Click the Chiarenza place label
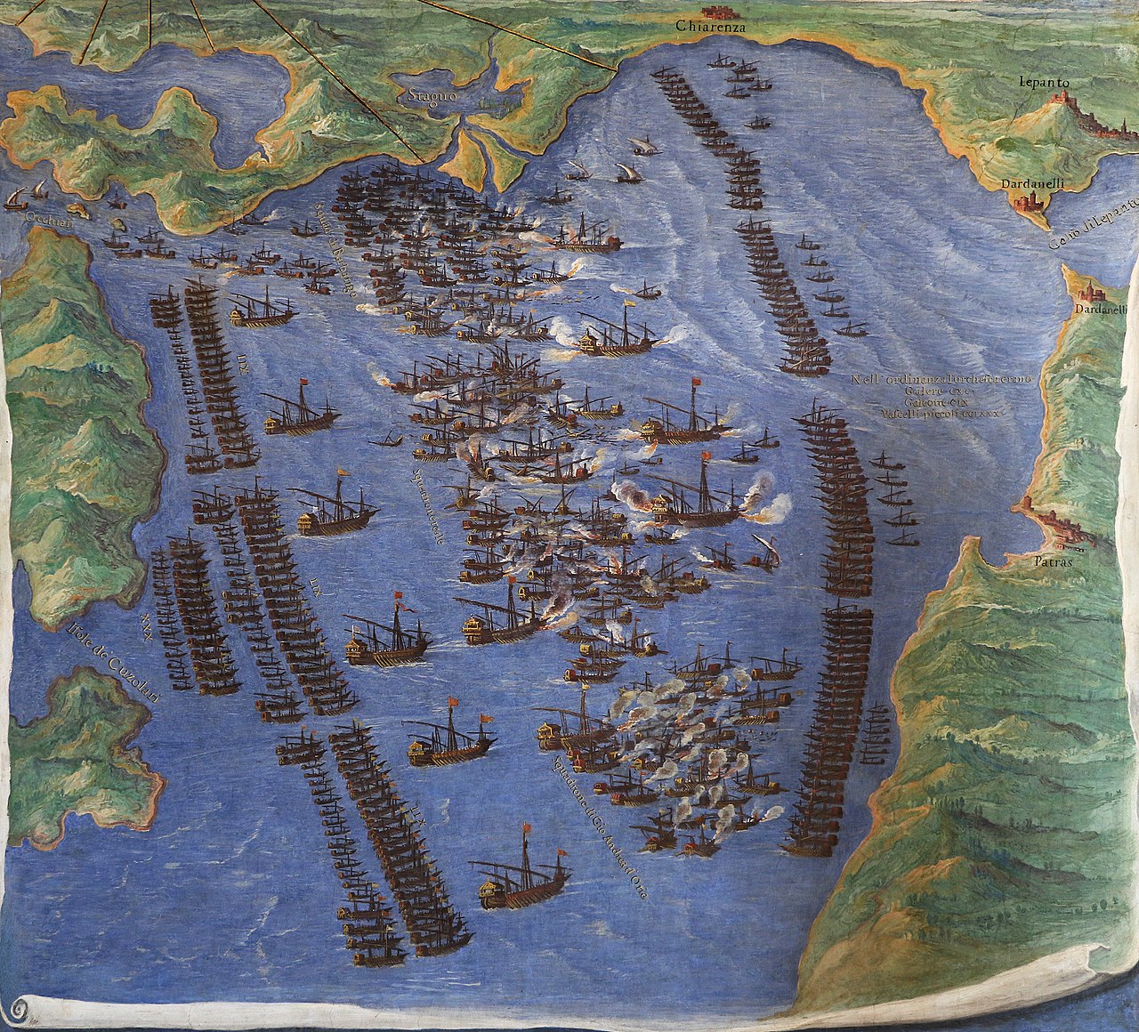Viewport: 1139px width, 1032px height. pos(709,28)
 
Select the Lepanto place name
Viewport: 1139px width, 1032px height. pos(1046,83)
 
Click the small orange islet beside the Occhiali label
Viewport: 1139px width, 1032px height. pos(78,211)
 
